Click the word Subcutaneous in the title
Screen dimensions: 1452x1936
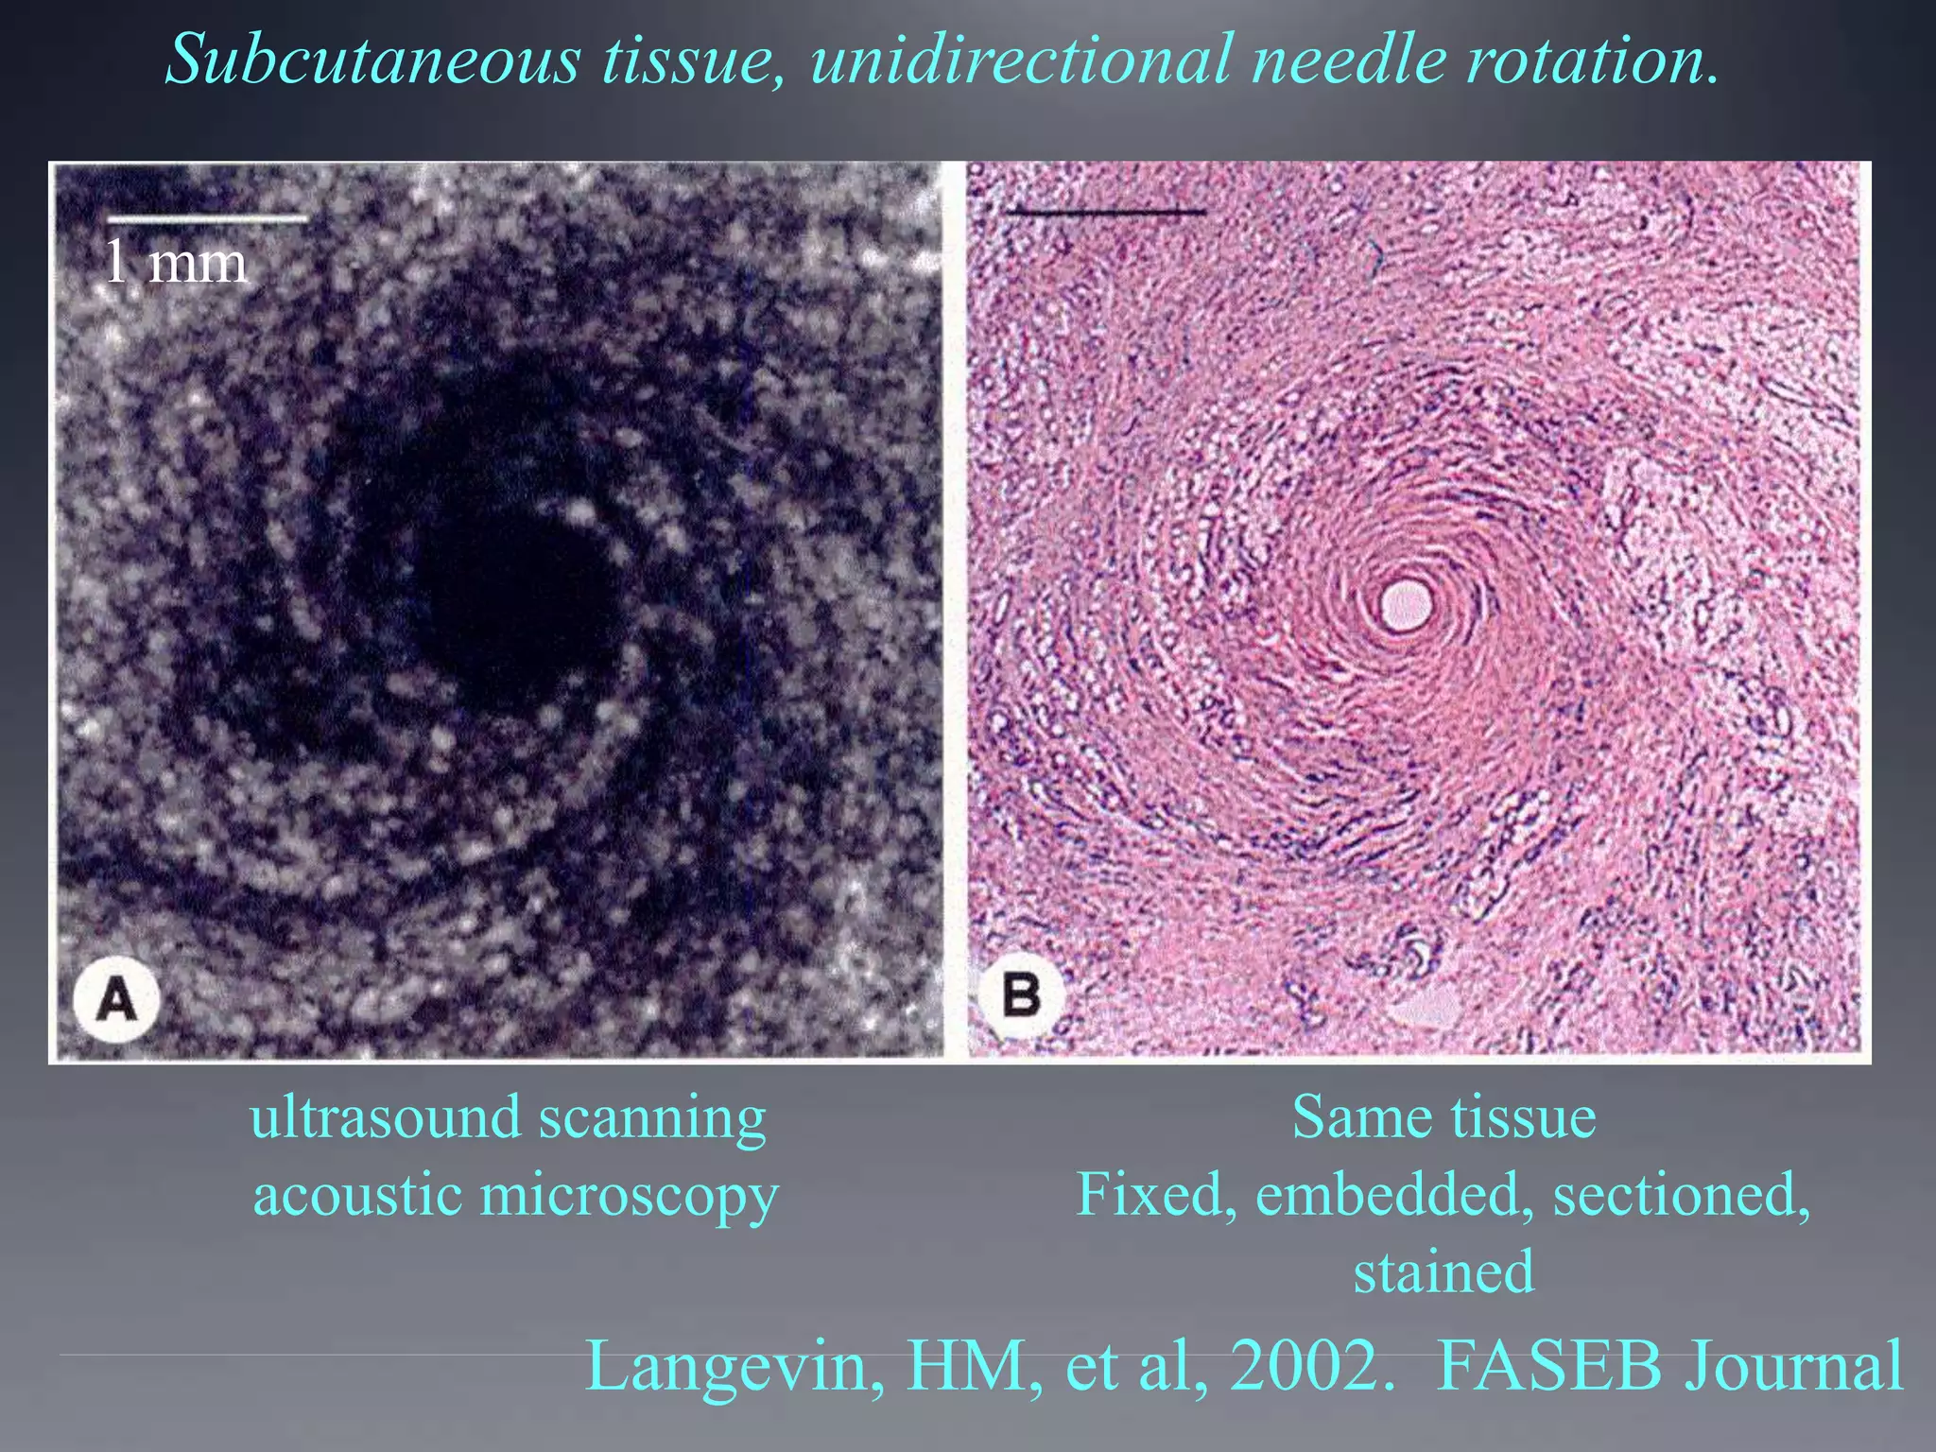point(372,59)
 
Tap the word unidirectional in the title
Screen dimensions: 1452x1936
point(1021,59)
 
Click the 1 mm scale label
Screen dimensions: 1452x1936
point(175,262)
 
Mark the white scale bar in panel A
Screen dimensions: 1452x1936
point(206,219)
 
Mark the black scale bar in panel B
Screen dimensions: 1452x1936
point(1106,212)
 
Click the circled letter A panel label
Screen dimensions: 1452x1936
point(117,998)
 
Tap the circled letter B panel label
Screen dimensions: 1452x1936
point(1020,994)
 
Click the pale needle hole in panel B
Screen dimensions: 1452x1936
point(1406,605)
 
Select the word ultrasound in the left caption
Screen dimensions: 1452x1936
point(386,1117)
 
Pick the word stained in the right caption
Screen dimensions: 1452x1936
point(1443,1271)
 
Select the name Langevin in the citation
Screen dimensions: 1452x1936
point(735,1366)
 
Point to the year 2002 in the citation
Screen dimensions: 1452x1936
point(1309,1366)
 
